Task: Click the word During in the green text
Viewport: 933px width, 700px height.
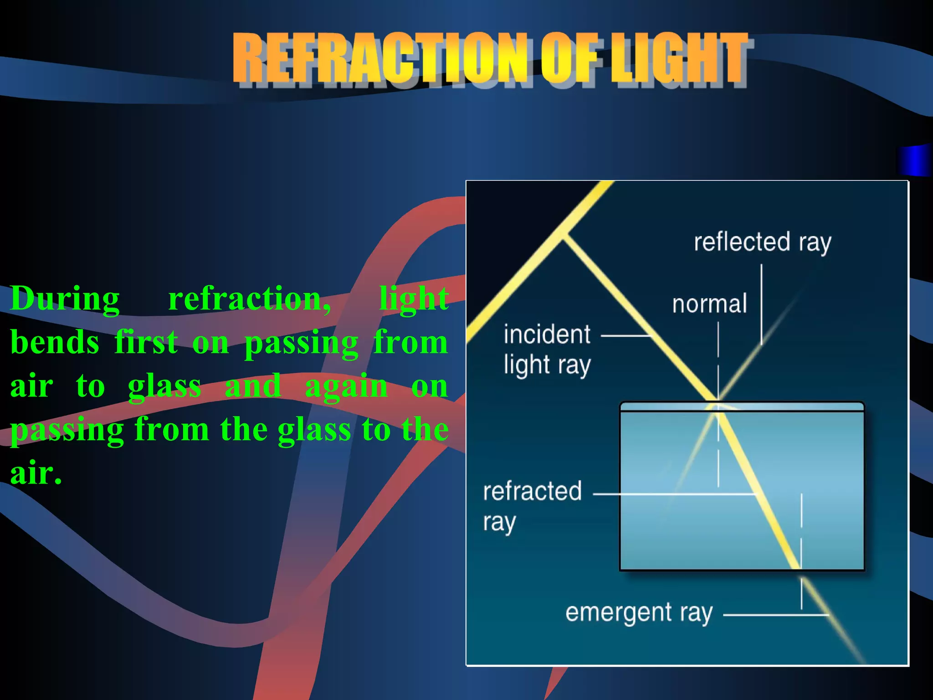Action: click(65, 299)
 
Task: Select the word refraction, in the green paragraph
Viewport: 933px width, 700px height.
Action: click(250, 299)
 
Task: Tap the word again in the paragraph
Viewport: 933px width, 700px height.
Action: click(346, 386)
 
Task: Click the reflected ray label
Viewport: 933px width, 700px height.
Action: click(762, 242)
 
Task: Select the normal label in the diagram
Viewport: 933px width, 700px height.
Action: click(709, 304)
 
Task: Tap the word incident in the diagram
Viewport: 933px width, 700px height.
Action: click(547, 334)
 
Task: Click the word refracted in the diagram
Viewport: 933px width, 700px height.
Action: click(532, 491)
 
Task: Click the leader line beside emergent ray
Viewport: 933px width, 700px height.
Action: click(774, 615)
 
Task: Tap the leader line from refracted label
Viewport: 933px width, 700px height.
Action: click(674, 494)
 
